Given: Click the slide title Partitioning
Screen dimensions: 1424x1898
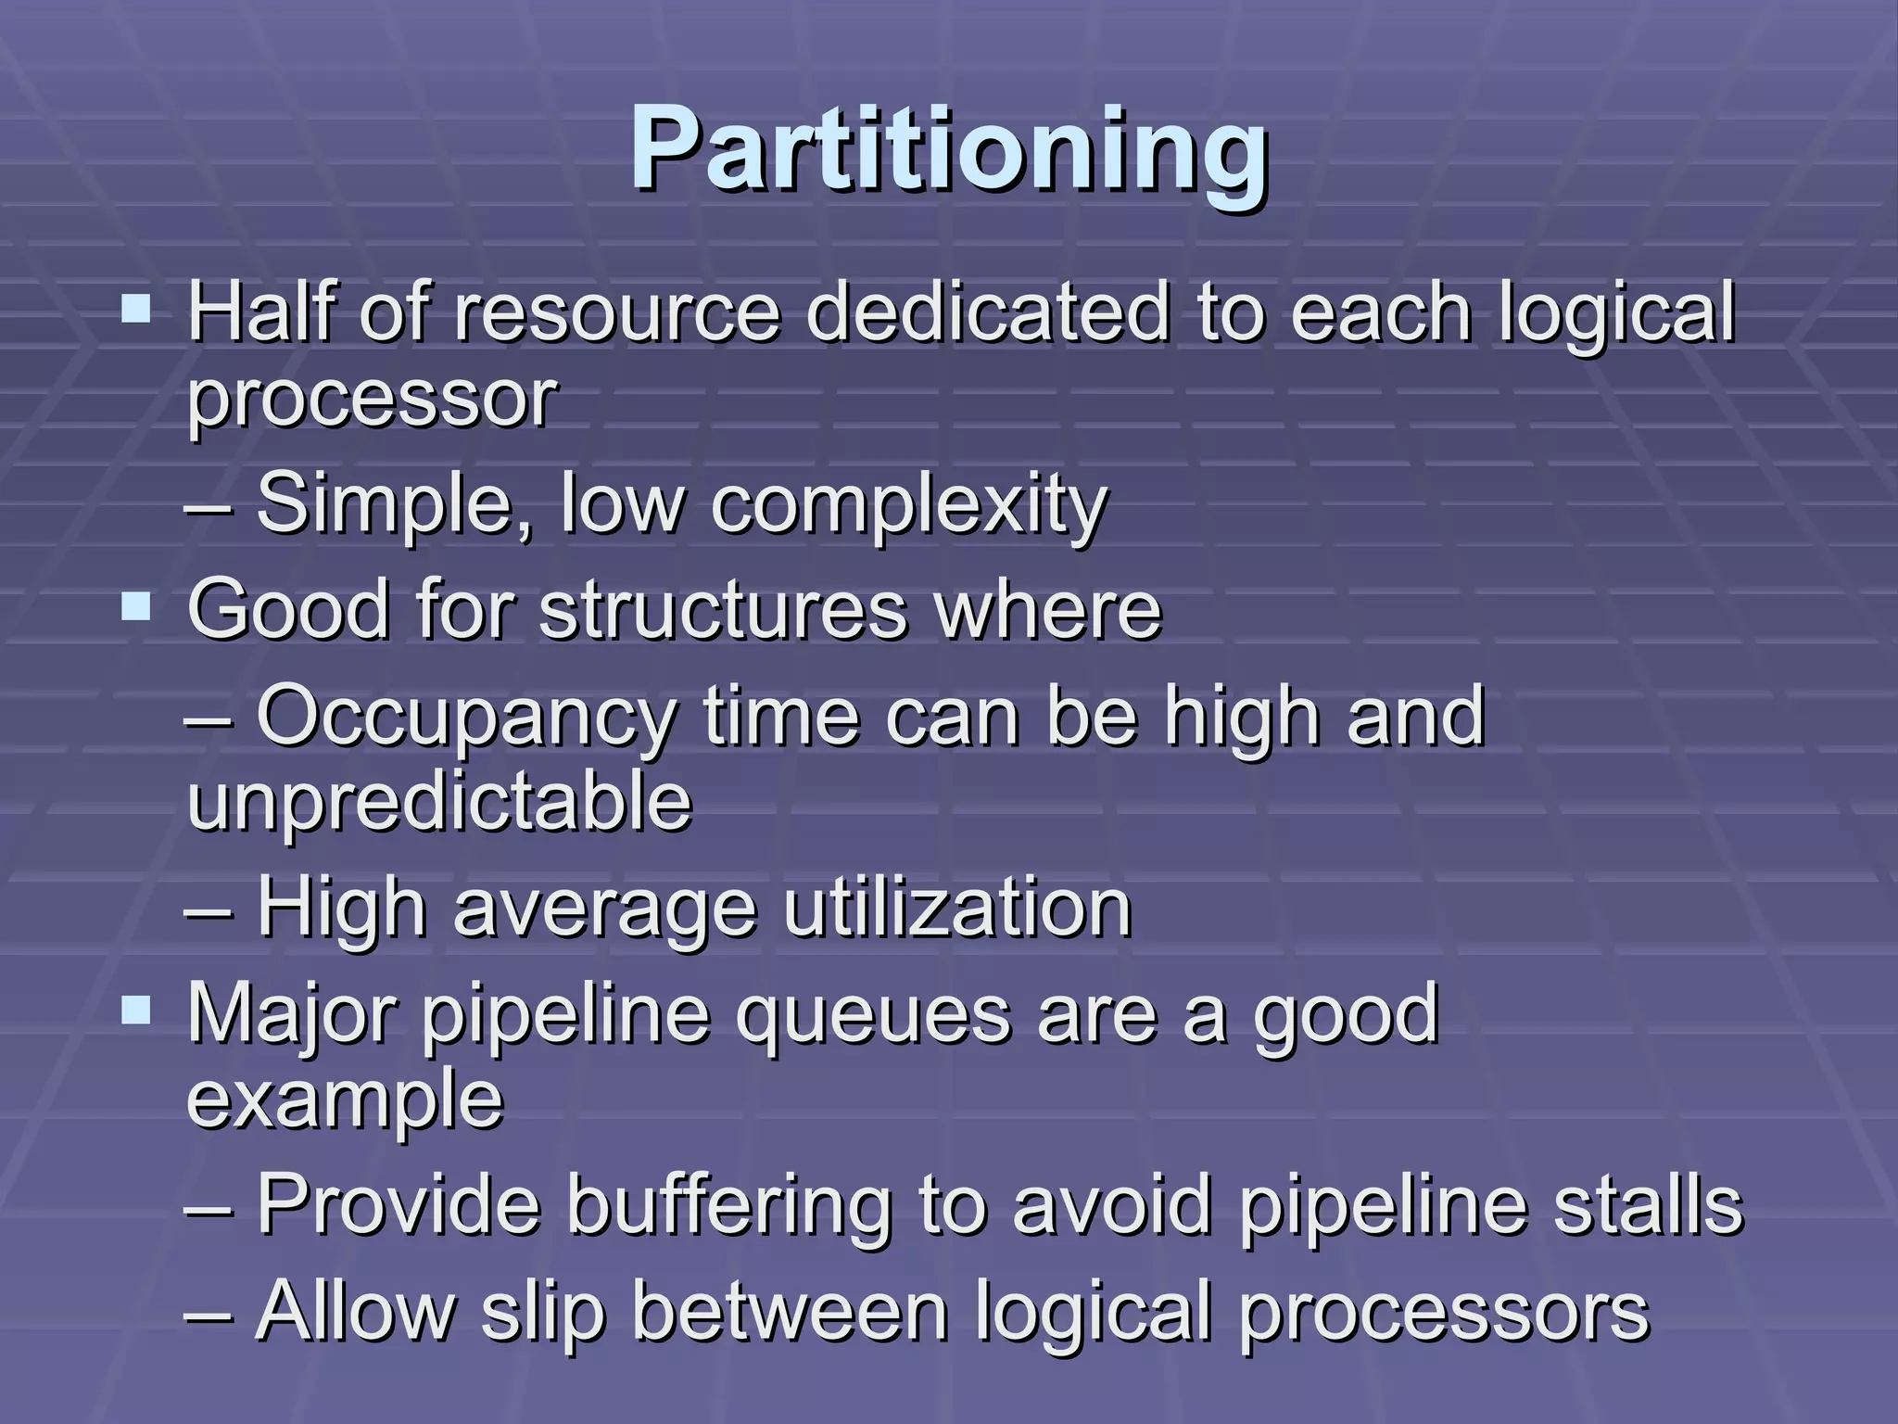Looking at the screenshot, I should (949, 148).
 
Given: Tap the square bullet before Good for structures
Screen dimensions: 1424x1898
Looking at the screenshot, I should (136, 607).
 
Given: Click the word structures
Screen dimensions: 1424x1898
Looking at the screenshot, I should (723, 611).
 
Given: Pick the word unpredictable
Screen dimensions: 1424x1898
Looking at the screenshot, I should (439, 802).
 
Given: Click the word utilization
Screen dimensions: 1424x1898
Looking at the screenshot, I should (957, 909).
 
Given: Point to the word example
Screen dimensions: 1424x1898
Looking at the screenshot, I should (345, 1101).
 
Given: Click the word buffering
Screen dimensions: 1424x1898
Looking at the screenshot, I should (728, 1208).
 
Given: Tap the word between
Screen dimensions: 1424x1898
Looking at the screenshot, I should (790, 1311).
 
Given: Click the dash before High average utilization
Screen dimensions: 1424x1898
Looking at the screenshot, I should (209, 911).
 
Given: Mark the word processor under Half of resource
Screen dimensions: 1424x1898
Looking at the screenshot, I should (372, 400).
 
